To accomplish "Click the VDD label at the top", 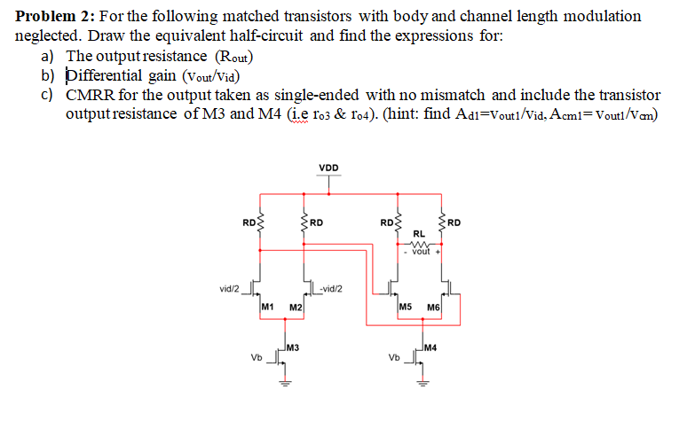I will (x=328, y=168).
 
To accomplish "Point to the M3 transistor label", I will (x=292, y=347).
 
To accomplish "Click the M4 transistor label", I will (x=430, y=347).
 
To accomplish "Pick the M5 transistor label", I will (x=405, y=306).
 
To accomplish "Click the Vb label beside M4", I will (x=395, y=359).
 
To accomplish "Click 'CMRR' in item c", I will (x=89, y=95).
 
